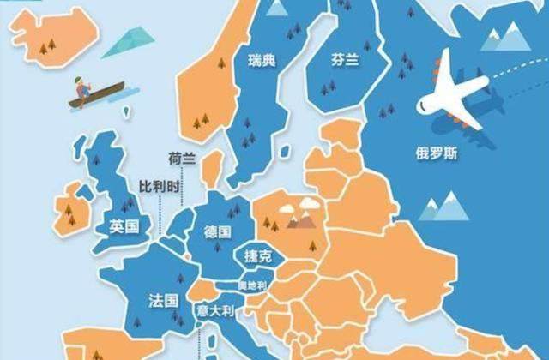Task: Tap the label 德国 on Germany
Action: point(218,231)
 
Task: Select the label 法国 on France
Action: point(163,301)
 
